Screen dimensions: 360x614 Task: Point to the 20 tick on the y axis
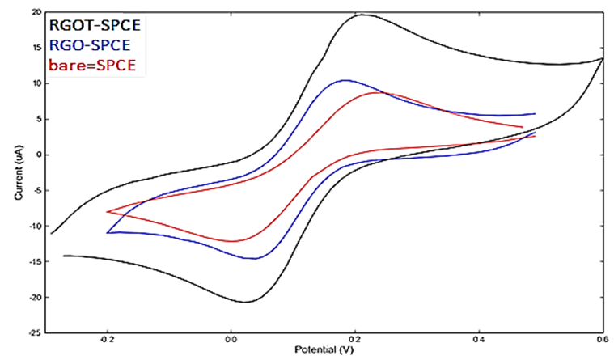click(38, 12)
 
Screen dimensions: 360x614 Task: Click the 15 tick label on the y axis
click(38, 48)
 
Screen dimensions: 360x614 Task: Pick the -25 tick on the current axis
click(36, 332)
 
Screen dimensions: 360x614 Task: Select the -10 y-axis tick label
click(36, 226)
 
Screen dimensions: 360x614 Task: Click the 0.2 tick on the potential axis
click(356, 341)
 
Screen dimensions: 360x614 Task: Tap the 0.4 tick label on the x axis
click(480, 341)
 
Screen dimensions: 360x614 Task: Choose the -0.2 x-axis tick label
click(106, 341)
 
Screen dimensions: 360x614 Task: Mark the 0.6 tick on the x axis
click(602, 341)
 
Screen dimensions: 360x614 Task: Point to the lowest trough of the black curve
click(245, 303)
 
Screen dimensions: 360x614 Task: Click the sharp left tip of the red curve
click(108, 211)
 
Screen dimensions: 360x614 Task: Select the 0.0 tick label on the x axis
click(231, 341)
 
